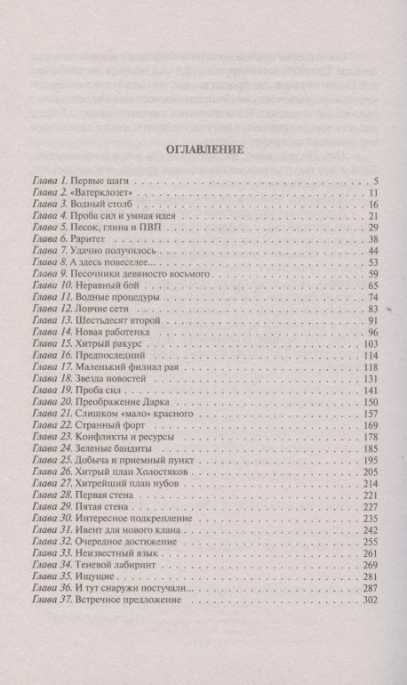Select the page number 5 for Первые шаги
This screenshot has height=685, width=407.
coord(377,181)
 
